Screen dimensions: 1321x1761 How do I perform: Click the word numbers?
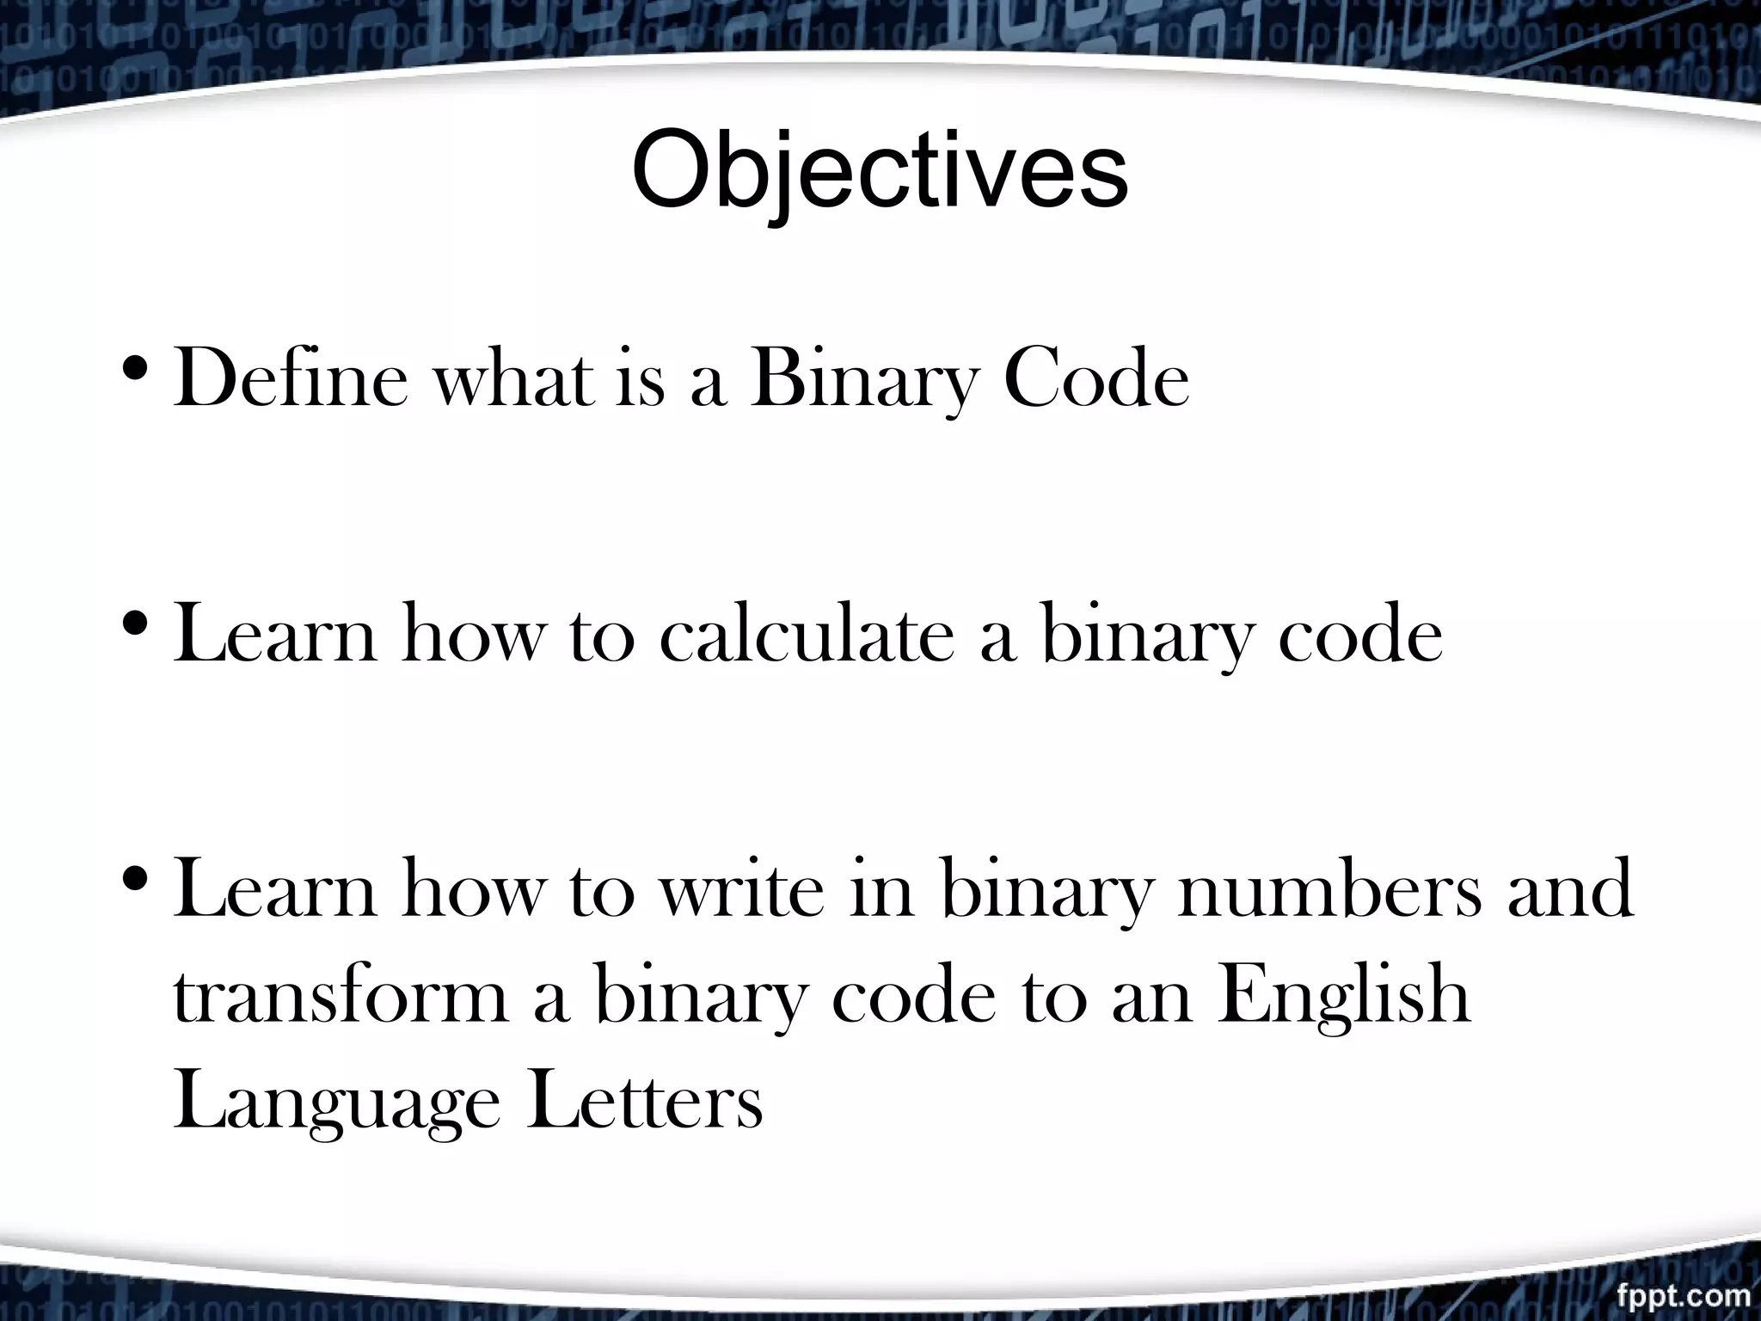tap(1329, 890)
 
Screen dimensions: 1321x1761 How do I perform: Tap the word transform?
tap(341, 997)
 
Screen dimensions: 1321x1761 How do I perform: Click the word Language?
tap(336, 1106)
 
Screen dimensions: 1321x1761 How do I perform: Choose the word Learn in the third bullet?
tap(274, 890)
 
